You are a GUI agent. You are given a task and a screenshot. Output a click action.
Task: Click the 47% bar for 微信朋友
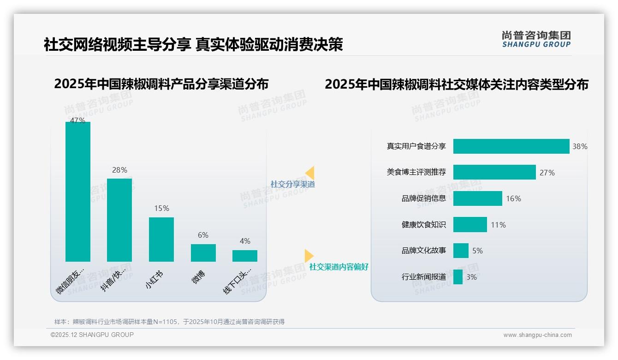pyautogui.click(x=78, y=192)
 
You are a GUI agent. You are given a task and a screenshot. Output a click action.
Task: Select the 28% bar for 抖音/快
pyautogui.click(x=119, y=220)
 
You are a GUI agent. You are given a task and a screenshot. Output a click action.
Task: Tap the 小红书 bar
pyautogui.click(x=161, y=240)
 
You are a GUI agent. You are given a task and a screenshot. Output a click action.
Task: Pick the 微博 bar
pyautogui.click(x=203, y=253)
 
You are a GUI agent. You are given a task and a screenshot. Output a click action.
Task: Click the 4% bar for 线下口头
pyautogui.click(x=245, y=256)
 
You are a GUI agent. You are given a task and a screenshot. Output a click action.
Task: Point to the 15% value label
pyautogui.click(x=161, y=209)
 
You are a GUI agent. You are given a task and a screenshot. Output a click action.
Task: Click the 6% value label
pyautogui.click(x=203, y=235)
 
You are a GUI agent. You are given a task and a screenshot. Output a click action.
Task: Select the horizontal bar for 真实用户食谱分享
pyautogui.click(x=511, y=146)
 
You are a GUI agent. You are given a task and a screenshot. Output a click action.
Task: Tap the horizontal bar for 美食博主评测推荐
pyautogui.click(x=494, y=172)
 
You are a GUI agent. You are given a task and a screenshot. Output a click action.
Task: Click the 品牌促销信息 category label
pyautogui.click(x=424, y=198)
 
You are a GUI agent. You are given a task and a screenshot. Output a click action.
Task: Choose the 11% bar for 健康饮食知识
pyautogui.click(x=470, y=225)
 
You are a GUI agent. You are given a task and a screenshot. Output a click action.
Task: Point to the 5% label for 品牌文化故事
pyautogui.click(x=477, y=251)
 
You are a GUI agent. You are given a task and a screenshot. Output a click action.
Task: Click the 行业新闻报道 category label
pyautogui.click(x=424, y=277)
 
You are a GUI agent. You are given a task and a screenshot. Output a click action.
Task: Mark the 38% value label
pyautogui.click(x=580, y=146)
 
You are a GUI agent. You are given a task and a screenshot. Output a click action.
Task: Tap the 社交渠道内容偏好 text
pyautogui.click(x=339, y=267)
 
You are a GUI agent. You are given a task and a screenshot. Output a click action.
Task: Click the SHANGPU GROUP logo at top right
pyautogui.click(x=536, y=39)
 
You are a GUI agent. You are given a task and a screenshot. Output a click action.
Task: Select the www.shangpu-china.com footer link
pyautogui.click(x=537, y=335)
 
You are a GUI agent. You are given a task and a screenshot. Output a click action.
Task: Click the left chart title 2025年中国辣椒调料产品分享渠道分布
pyautogui.click(x=161, y=84)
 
